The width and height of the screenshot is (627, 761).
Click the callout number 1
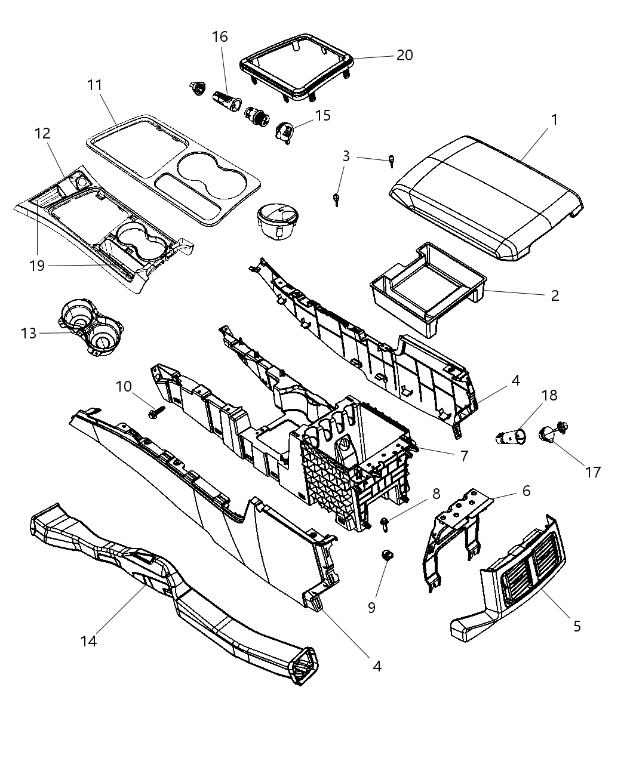coord(554,120)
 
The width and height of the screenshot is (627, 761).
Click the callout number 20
coord(404,55)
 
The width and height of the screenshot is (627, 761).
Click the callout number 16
coord(220,37)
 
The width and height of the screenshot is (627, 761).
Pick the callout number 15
coord(322,115)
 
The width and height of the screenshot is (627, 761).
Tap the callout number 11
coord(95,85)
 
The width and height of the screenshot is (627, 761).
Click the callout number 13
coord(29,333)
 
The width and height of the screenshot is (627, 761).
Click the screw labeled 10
coord(157,411)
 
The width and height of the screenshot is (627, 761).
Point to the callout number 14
coord(88,641)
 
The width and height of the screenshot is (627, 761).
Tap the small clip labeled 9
coord(388,556)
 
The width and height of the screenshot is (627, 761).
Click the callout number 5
coord(576,626)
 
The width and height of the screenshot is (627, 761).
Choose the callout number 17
coord(592,472)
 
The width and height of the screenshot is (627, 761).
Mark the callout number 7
coord(463,455)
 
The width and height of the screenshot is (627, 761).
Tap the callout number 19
coord(37,265)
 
